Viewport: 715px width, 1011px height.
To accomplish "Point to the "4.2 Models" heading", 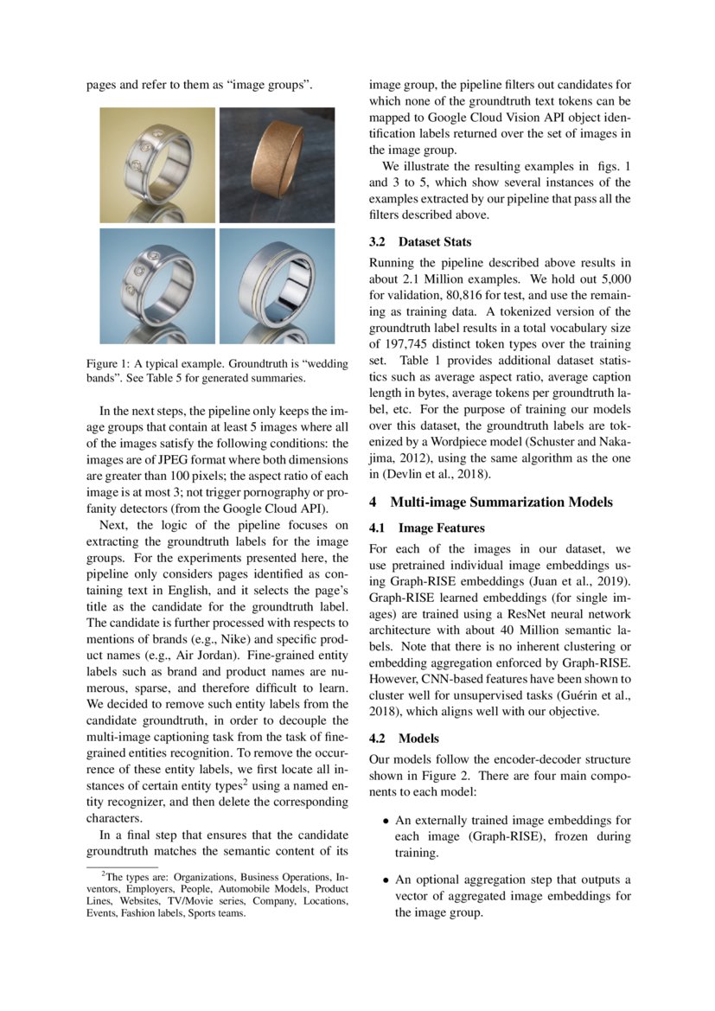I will click(405, 739).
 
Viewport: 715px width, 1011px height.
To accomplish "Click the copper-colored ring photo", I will click(277, 164).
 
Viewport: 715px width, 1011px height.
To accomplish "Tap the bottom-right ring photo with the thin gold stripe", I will click(277, 285).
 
